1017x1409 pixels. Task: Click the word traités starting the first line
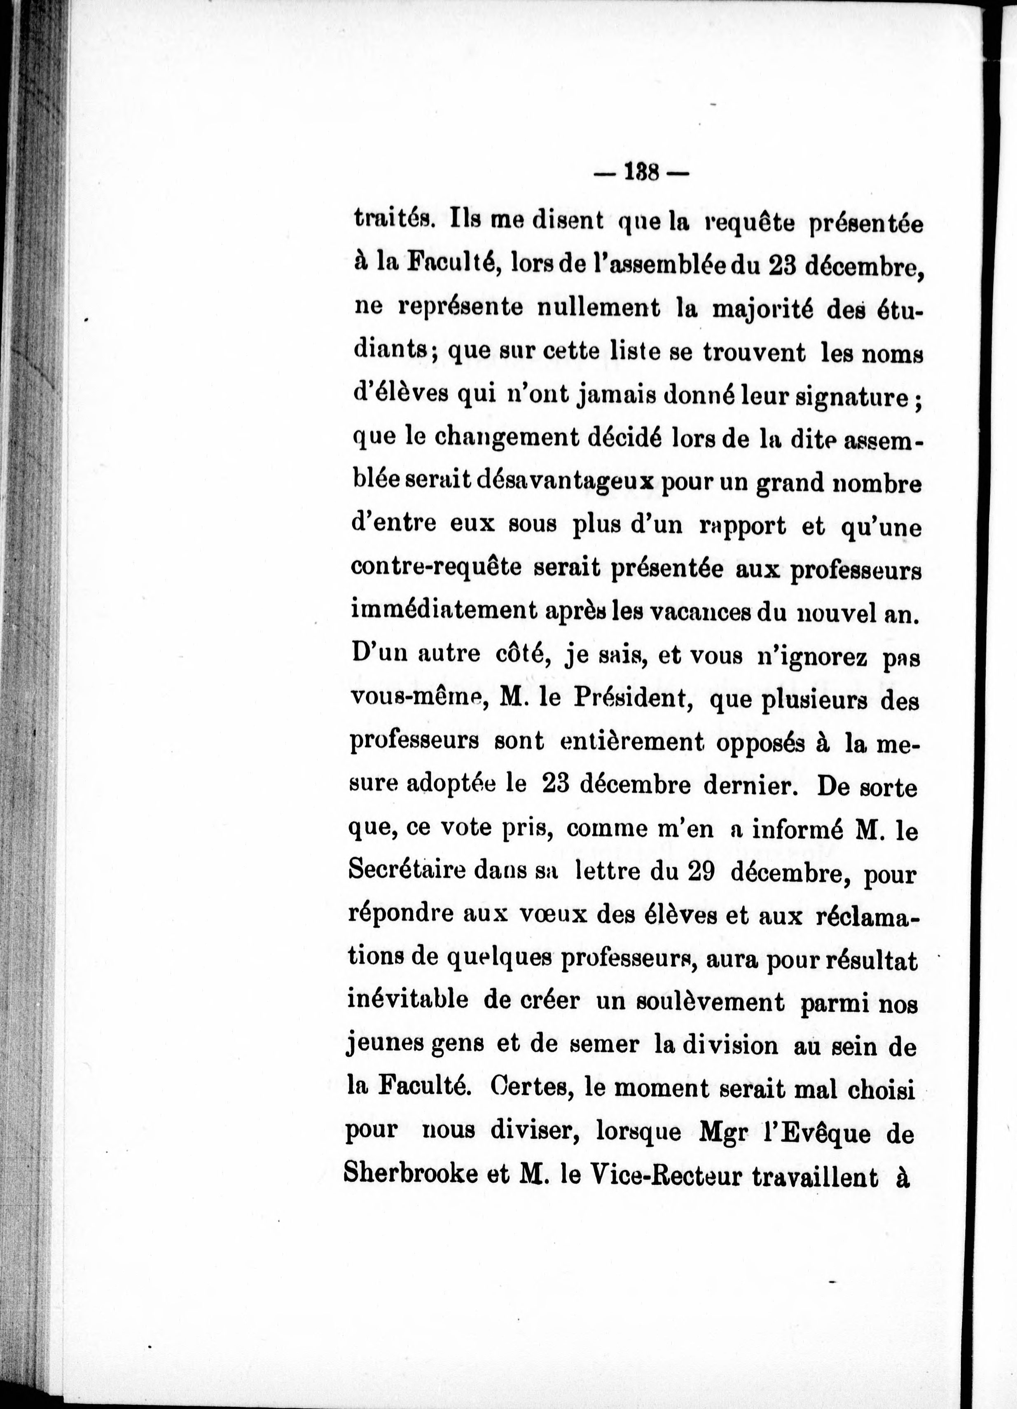[x=391, y=220]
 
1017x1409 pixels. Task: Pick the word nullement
[x=597, y=309]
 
